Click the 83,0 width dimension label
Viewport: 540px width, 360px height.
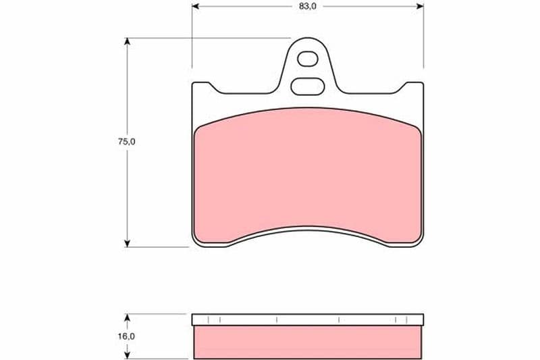pos(308,7)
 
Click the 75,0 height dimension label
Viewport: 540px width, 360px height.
pos(127,142)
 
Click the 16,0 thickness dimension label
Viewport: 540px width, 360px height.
pos(127,336)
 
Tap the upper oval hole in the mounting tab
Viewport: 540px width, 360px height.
pos(308,59)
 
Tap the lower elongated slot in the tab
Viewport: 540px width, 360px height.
pos(308,86)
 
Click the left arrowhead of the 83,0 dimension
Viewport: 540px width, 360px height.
pos(196,6)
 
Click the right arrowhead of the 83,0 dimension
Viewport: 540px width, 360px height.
pos(420,6)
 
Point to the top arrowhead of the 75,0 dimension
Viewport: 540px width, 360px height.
pos(128,41)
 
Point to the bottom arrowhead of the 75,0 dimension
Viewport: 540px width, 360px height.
pos(128,243)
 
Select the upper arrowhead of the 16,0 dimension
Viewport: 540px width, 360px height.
pos(128,317)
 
